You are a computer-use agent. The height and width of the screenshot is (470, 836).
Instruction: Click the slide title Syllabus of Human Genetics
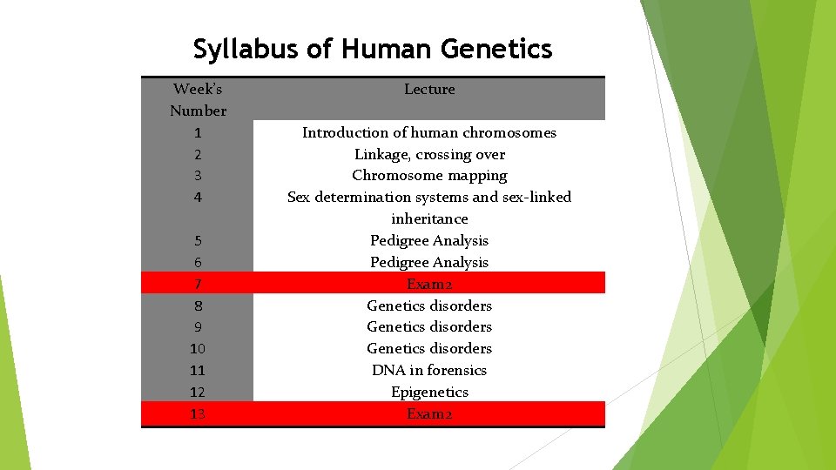coord(373,49)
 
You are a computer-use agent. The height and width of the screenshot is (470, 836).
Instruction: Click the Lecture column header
coord(429,89)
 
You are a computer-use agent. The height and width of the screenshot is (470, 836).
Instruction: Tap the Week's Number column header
coord(198,99)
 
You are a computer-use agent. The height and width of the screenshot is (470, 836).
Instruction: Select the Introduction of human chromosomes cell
coord(429,132)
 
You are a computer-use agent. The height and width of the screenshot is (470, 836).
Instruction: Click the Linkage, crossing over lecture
coord(429,154)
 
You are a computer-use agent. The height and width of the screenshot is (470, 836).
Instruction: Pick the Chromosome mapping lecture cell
coord(429,175)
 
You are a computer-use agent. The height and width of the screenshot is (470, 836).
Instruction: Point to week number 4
coord(198,198)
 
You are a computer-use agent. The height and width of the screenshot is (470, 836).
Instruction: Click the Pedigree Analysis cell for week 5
coord(429,240)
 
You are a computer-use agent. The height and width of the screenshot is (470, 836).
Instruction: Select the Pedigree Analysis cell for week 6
coord(429,262)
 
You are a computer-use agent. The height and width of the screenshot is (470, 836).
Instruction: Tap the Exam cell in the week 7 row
coord(429,284)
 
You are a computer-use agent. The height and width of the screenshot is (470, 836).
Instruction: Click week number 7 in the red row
coord(198,284)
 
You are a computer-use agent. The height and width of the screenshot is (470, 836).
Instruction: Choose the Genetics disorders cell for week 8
coord(429,305)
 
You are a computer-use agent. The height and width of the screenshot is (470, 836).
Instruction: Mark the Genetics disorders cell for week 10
coord(429,348)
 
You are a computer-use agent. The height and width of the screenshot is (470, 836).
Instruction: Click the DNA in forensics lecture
coord(429,370)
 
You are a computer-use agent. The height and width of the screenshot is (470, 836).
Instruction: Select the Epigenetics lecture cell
coord(429,392)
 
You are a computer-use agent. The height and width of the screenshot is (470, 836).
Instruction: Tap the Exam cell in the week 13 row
coord(429,413)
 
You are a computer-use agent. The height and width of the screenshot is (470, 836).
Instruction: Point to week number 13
coord(198,413)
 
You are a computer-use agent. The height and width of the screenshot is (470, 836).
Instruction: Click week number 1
coord(198,133)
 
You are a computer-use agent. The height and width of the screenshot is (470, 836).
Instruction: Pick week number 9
coord(198,327)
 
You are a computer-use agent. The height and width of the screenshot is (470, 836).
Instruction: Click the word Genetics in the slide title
coord(496,49)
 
